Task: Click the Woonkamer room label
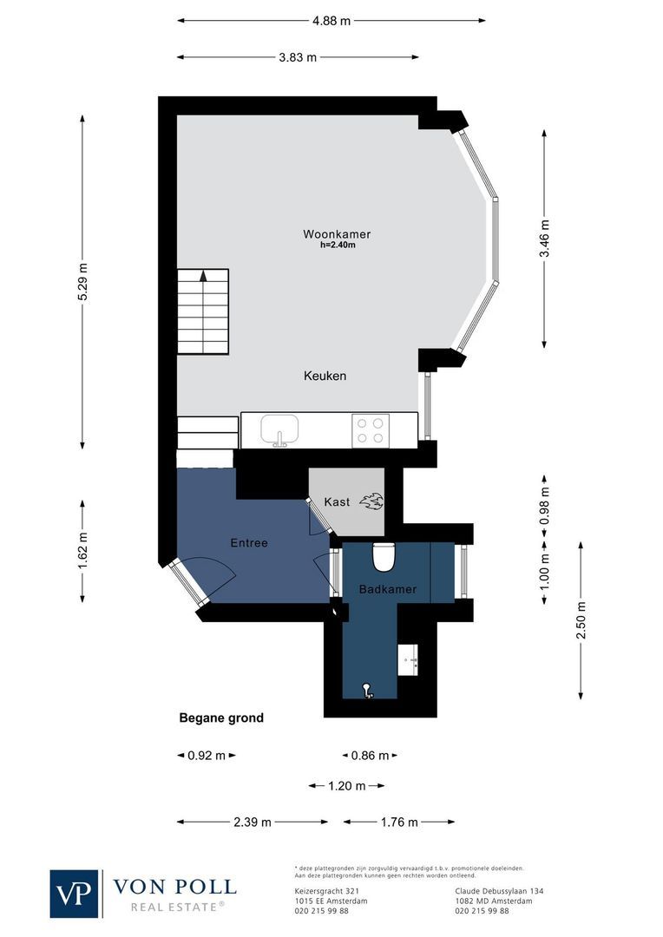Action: pos(337,234)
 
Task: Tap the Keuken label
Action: pos(325,376)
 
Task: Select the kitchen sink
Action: pos(279,429)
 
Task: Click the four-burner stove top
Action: pos(371,430)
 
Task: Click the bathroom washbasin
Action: pos(408,659)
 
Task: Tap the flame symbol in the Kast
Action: pos(371,501)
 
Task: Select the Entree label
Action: pos(249,543)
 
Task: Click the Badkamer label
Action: pos(388,589)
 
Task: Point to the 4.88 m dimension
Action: pos(332,21)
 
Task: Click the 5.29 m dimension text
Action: pos(82,281)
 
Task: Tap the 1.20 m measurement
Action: pos(347,786)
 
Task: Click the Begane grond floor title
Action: pos(221,718)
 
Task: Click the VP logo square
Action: pos(75,893)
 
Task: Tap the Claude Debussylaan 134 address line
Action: pos(499,891)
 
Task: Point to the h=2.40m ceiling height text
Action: pos(338,246)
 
